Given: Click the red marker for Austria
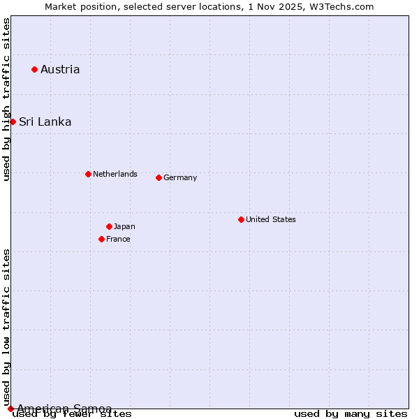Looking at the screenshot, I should [34, 69].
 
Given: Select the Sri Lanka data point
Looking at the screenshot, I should [13, 122].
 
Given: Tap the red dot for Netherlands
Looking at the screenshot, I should [88, 174].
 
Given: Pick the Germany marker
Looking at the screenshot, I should [159, 177].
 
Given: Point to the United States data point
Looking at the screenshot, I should [241, 219].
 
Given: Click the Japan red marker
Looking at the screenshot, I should [109, 226].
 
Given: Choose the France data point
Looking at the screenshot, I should [101, 239].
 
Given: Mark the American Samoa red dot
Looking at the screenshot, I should [10, 409].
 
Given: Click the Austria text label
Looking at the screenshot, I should [60, 69].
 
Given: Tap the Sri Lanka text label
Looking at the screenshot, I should [45, 122].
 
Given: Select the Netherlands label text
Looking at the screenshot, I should [115, 174].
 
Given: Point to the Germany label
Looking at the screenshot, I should [180, 177].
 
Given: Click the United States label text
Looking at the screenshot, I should [271, 219].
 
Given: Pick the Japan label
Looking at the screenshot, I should [124, 226].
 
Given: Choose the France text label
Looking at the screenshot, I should [118, 239].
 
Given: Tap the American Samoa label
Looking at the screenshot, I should [64, 409].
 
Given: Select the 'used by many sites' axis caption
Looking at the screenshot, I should [351, 414].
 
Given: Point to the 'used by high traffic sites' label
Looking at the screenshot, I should [7, 99].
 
